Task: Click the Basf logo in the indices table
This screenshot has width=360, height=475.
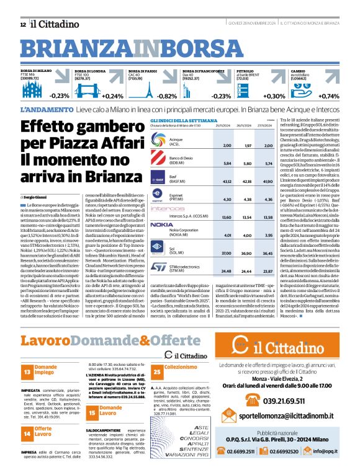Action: click(x=144, y=180)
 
